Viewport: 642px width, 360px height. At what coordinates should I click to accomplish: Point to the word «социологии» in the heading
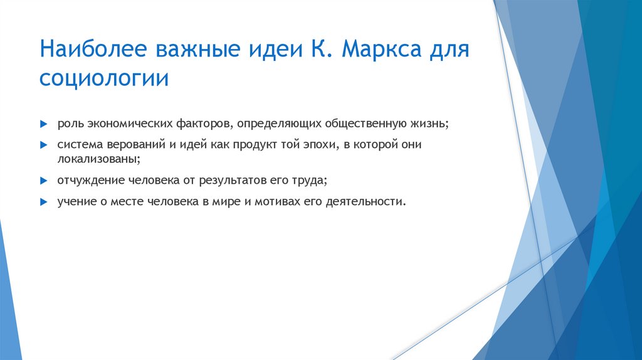[x=104, y=80]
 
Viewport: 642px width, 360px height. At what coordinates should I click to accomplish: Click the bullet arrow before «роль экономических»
[x=43, y=124]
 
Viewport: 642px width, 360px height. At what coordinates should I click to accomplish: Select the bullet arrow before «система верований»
[x=43, y=144]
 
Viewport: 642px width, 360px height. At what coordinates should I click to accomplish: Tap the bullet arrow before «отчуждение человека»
[x=43, y=180]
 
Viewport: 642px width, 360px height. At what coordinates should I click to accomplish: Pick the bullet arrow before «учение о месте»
[x=43, y=202]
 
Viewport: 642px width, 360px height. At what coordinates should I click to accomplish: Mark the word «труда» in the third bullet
[x=313, y=180]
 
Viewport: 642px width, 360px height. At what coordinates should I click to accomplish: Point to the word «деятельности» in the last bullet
[x=370, y=202]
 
